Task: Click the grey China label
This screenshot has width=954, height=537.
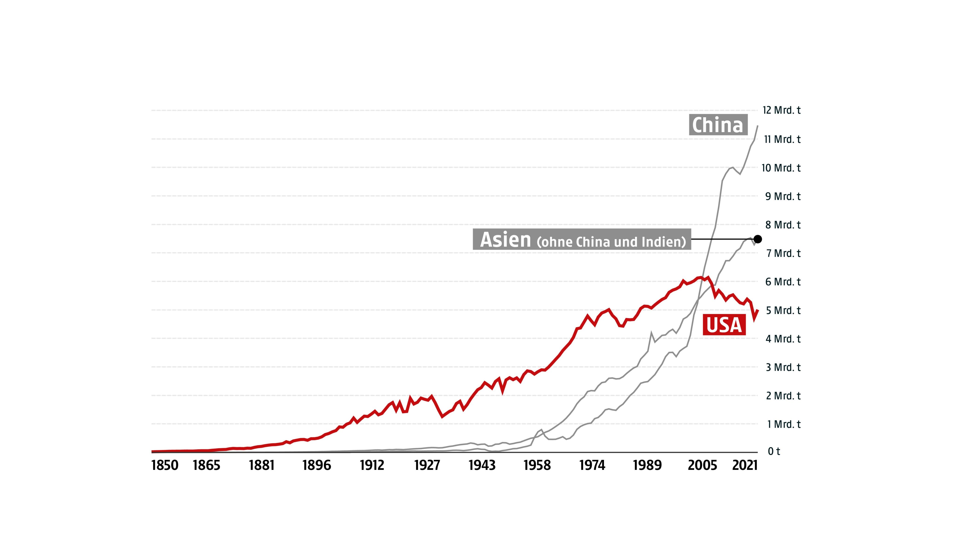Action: point(718,125)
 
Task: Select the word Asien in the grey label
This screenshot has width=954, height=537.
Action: point(505,240)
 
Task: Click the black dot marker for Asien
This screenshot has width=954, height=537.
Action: point(758,239)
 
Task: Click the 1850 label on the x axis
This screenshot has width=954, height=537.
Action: point(165,465)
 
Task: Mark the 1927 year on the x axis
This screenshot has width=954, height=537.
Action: point(427,465)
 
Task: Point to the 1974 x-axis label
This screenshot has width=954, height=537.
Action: point(592,465)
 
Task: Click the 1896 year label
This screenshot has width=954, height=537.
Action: point(317,465)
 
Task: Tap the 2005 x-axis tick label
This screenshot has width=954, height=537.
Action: point(702,465)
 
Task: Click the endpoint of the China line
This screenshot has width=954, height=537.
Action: point(758,126)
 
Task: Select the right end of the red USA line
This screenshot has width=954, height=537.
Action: point(758,310)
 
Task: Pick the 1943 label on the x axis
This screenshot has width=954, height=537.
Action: point(482,465)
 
